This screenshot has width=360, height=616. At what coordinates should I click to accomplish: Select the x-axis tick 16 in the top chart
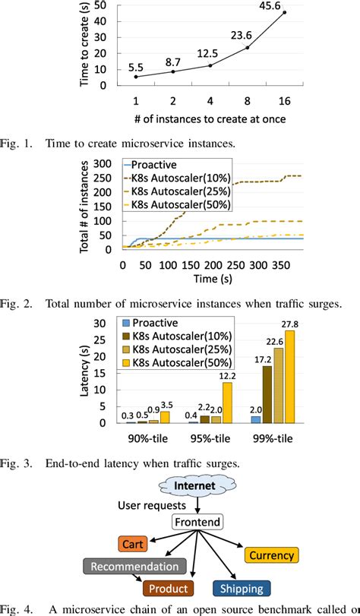tap(285, 100)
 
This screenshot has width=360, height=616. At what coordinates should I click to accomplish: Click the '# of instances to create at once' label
tap(209, 120)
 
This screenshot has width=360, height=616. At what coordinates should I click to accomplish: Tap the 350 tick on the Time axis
tap(282, 267)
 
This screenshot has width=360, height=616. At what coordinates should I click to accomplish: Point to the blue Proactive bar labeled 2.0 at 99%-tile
tap(256, 419)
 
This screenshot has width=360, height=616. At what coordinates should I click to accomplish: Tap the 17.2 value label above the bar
tap(266, 359)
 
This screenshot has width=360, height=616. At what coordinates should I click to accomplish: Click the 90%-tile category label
tap(147, 439)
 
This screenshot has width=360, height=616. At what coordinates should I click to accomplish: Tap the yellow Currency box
tap(271, 556)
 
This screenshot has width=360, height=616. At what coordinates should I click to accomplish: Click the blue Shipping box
tap(242, 589)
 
